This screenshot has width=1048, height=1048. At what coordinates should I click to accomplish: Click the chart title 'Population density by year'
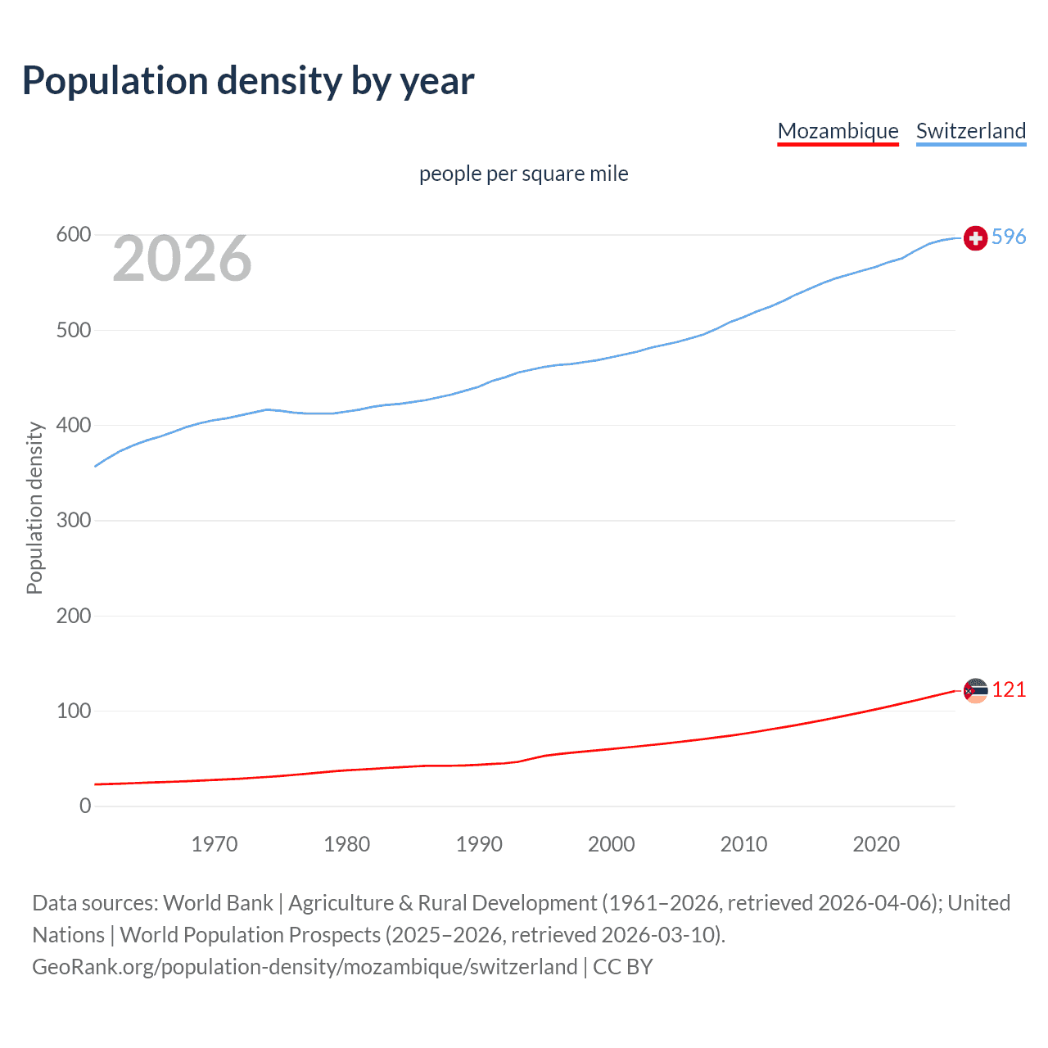[248, 81]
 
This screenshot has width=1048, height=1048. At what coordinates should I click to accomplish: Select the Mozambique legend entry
[838, 131]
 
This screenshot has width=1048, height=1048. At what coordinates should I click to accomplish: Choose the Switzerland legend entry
[970, 131]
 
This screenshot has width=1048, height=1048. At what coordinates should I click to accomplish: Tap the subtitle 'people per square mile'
[523, 174]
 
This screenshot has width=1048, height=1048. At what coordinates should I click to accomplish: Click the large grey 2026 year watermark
[182, 259]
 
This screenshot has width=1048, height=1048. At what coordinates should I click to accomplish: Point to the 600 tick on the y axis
[73, 235]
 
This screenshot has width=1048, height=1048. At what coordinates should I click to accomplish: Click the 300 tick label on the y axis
[73, 521]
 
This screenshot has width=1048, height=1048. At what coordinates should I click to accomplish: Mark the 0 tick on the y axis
[85, 806]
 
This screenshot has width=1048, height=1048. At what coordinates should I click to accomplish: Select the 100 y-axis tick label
[73, 711]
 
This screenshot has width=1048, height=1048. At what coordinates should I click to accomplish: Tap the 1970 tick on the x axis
[215, 844]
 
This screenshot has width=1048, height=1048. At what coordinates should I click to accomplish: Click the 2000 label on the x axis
[611, 844]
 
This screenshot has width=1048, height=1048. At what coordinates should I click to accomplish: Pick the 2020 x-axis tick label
[876, 844]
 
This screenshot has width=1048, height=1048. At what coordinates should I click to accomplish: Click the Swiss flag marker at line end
[975, 238]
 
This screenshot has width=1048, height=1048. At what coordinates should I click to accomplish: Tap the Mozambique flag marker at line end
[975, 690]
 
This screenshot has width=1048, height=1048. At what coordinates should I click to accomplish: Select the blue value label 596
[1009, 237]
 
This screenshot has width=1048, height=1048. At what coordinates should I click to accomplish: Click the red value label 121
[1009, 689]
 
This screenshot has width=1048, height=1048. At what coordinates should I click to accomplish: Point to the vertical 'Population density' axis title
[34, 508]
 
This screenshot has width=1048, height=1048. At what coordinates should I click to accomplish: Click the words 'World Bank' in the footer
[218, 903]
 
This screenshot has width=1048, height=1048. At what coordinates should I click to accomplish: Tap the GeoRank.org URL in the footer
[305, 967]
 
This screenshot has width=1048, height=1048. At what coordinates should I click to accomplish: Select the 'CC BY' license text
[623, 967]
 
